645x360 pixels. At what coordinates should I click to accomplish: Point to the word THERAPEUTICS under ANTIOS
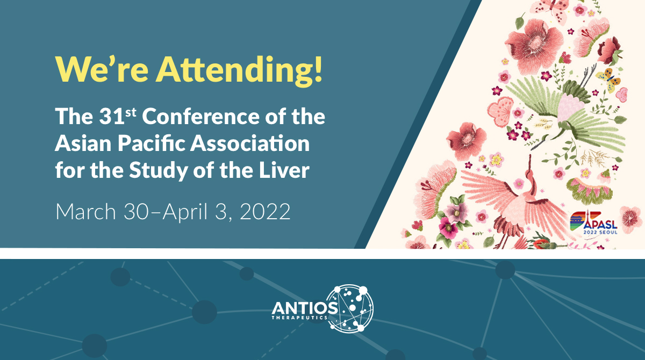click(304, 318)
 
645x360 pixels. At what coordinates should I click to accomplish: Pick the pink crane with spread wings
click(516, 199)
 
